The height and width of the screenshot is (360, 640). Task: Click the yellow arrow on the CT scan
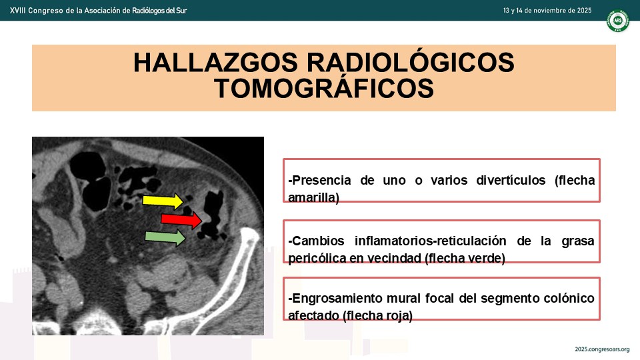click(163, 201)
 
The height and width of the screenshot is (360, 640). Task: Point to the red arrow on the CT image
click(181, 219)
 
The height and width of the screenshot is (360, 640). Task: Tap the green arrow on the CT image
click(165, 237)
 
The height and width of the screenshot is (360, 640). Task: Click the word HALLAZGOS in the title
click(215, 63)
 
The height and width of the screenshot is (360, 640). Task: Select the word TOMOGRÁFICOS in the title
click(324, 88)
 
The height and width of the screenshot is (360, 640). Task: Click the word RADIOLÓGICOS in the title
click(410, 63)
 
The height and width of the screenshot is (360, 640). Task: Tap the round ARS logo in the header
click(617, 21)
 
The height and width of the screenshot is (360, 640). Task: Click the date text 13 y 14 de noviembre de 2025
click(547, 11)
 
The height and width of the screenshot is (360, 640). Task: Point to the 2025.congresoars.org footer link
click(602, 349)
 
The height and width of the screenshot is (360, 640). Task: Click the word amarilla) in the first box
click(313, 197)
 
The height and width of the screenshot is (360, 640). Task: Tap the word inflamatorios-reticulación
click(430, 241)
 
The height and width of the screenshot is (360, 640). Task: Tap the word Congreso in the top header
click(46, 11)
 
